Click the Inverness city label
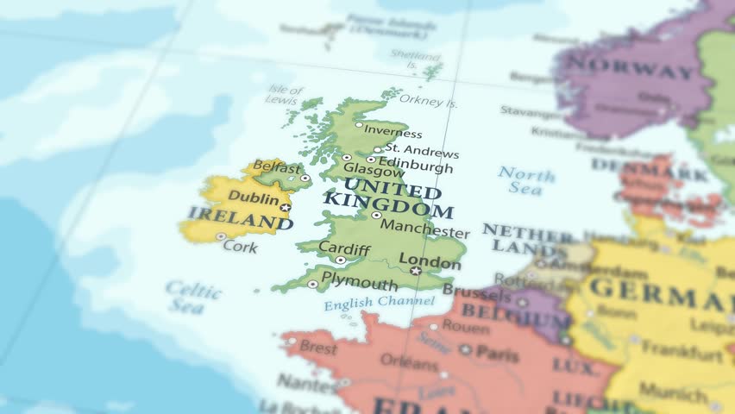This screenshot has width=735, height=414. (x=393, y=133)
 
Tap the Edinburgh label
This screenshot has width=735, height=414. (x=415, y=166)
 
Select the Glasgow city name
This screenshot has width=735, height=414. (x=361, y=172)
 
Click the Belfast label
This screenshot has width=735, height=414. (x=276, y=168)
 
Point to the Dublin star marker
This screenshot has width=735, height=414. (x=286, y=208)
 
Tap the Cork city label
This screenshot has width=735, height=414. (x=240, y=246)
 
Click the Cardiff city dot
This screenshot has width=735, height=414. (x=341, y=260)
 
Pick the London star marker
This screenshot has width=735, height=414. (x=416, y=271)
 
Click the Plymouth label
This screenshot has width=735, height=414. (x=361, y=284)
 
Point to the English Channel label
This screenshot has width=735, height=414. (x=380, y=303)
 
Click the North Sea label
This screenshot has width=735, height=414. (x=527, y=180)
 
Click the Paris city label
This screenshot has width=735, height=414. (x=498, y=353)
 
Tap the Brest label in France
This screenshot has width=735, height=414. (x=318, y=348)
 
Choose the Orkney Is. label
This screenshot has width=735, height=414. (x=429, y=102)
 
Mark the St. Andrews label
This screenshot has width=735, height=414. (x=422, y=151)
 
